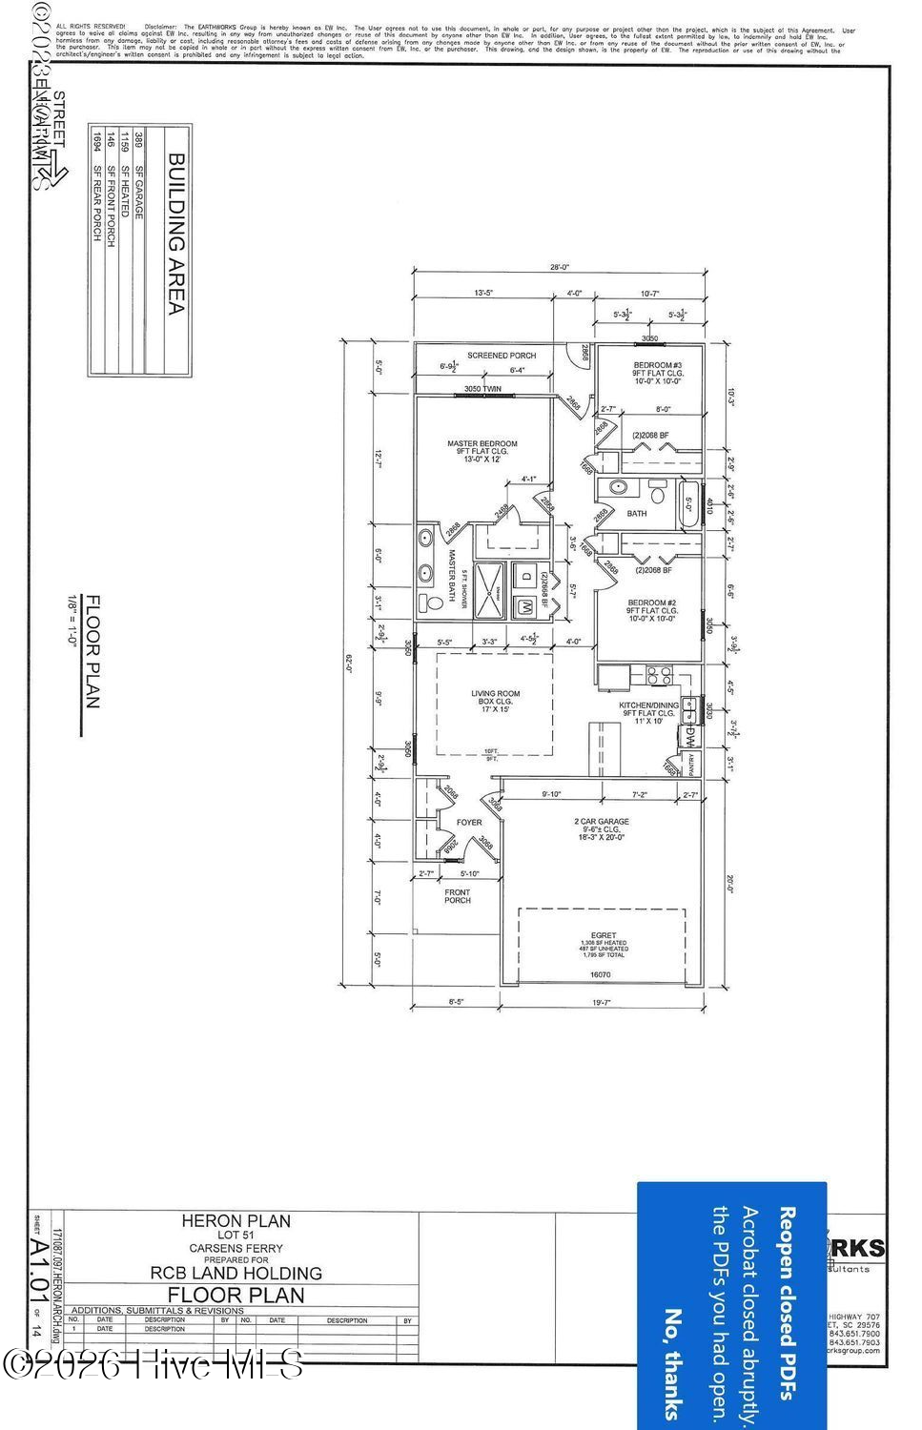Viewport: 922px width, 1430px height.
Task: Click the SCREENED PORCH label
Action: click(x=502, y=356)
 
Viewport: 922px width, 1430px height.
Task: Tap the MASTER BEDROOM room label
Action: click(x=482, y=443)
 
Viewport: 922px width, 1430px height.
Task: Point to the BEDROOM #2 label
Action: click(x=651, y=603)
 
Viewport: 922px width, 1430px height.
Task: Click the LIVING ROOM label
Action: click(x=496, y=694)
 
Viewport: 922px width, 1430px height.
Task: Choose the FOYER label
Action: click(x=469, y=822)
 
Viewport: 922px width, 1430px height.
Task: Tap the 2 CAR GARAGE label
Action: click(x=601, y=821)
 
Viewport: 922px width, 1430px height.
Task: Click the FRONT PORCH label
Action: click(x=458, y=896)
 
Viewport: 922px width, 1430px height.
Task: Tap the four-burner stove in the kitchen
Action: click(x=658, y=676)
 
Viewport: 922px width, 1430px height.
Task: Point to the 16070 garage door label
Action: click(x=600, y=974)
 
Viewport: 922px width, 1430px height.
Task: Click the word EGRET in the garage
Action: click(x=604, y=935)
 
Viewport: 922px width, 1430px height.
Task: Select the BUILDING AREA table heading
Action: click(x=176, y=235)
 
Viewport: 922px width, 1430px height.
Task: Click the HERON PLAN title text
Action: click(x=236, y=1220)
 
